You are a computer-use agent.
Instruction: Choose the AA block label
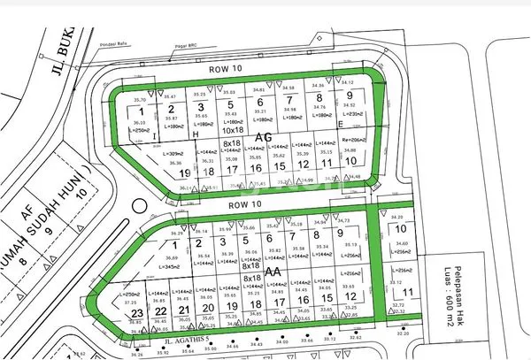[273, 272]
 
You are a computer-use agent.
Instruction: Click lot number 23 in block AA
[137, 313]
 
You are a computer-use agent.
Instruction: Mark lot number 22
[160, 311]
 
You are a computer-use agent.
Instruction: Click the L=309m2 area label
[174, 153]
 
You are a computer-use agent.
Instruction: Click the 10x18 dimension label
[233, 129]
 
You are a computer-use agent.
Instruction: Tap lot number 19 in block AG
[185, 172]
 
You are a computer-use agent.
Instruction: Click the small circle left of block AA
[135, 209]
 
